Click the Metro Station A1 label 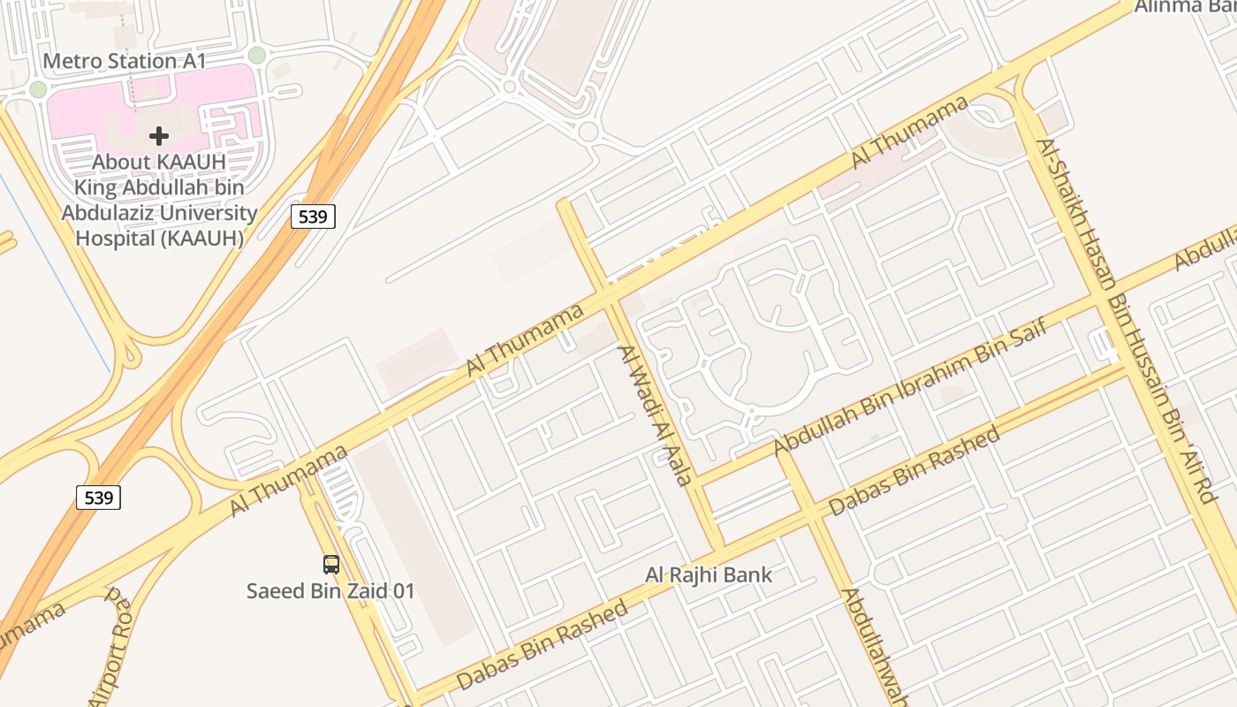(x=125, y=61)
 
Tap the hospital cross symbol (x=159, y=136)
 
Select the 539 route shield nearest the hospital (x=314, y=216)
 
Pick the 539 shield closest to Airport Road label (x=98, y=498)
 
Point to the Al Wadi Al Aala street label (x=654, y=416)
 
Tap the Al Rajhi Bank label (x=709, y=575)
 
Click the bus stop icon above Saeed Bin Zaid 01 (x=331, y=564)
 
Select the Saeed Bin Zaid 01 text (x=330, y=591)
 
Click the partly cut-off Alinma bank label (x=1184, y=7)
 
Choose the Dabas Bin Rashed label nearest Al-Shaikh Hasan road (x=914, y=471)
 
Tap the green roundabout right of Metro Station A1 (x=256, y=55)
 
